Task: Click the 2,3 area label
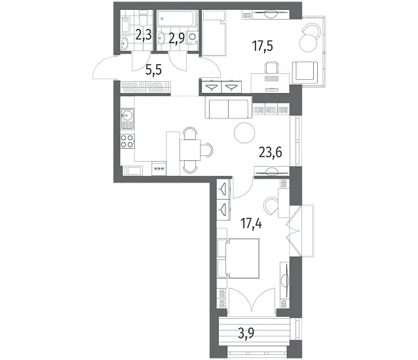[143, 35]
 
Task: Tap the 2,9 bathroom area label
[176, 39]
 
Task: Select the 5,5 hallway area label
[154, 70]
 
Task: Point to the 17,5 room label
[263, 46]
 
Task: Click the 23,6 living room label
[271, 153]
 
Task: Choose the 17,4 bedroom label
[251, 224]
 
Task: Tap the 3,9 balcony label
[246, 333]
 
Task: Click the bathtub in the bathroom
[178, 18]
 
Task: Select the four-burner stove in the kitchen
[127, 141]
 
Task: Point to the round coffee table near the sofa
[244, 133]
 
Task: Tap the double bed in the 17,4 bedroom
[238, 259]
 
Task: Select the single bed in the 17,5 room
[214, 33]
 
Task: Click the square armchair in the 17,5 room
[306, 73]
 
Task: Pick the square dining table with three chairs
[190, 150]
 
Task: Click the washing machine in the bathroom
[193, 38]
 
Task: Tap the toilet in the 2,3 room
[143, 18]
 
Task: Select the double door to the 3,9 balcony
[252, 298]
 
